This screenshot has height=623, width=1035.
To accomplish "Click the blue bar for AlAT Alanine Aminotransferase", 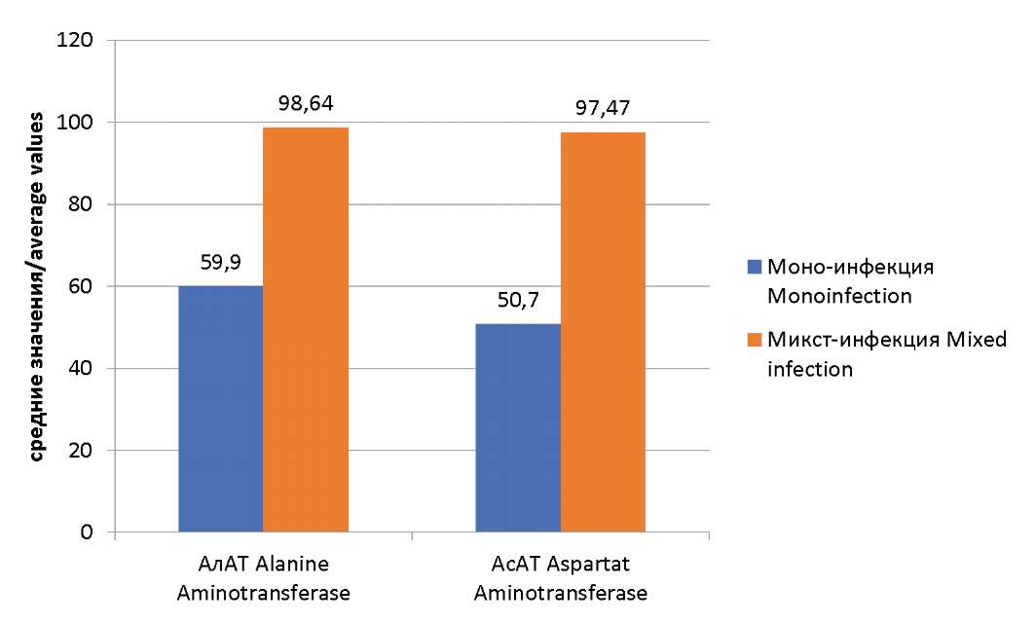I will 221,409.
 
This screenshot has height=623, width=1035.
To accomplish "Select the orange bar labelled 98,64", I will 306,330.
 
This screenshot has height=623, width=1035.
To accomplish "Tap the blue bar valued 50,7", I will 518,428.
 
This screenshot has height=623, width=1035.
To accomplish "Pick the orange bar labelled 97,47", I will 603,332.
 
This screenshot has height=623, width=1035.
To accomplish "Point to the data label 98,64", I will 306,102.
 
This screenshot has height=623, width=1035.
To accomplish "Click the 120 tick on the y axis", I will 78,41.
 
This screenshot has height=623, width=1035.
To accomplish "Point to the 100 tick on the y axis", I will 78,123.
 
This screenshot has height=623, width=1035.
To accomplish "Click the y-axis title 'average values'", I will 34,287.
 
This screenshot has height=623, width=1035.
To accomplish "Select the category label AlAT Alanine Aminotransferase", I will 263,578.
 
